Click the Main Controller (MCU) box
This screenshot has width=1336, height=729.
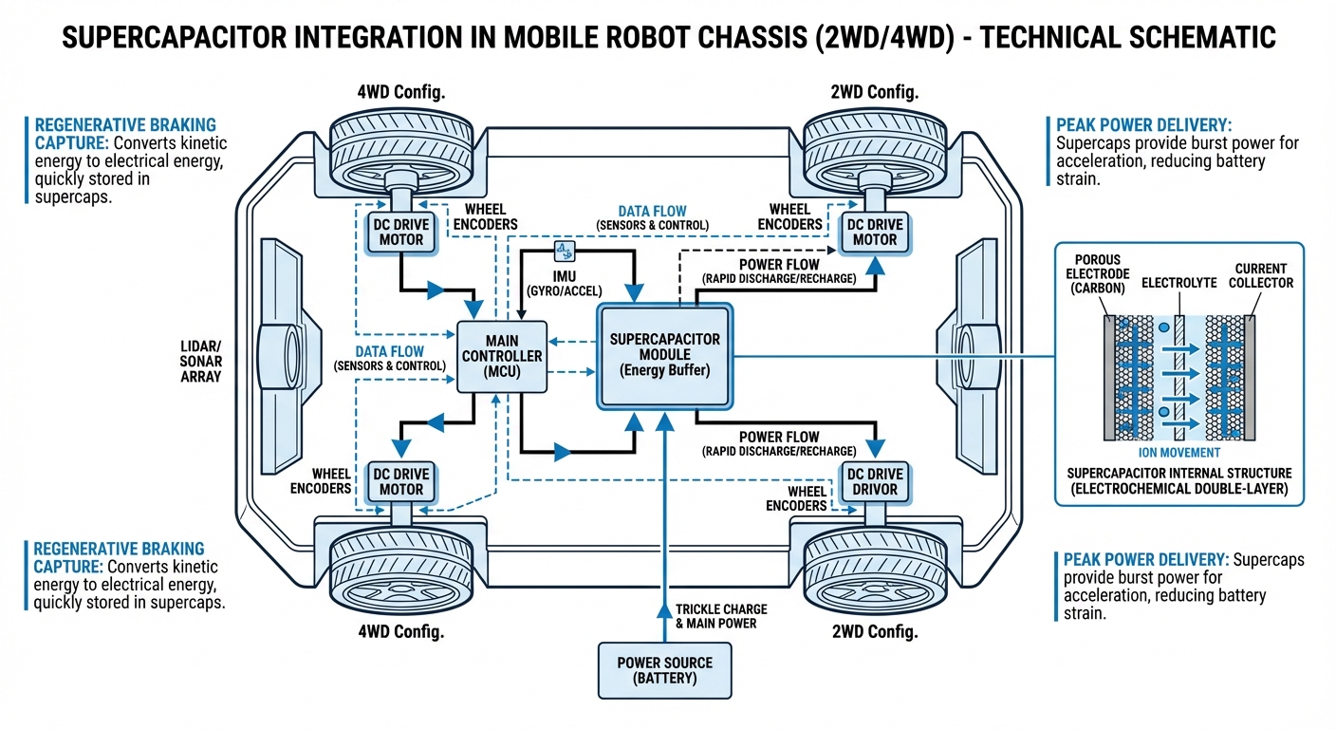point(502,356)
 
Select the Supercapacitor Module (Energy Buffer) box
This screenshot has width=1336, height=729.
point(664,355)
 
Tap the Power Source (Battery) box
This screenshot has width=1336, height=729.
point(664,669)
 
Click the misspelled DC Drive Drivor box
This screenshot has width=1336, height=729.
point(874,481)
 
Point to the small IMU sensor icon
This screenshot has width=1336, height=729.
point(564,251)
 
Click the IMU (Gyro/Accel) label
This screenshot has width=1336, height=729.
point(564,281)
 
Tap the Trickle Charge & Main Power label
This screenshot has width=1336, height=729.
point(721,615)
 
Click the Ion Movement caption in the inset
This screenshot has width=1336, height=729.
point(1178,453)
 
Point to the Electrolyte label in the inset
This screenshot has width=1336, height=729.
point(1178,283)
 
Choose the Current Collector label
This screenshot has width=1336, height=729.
point(1261,275)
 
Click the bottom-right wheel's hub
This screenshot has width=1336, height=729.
point(874,570)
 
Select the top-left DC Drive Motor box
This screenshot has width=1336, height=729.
point(400,233)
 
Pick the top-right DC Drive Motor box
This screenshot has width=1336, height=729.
point(874,233)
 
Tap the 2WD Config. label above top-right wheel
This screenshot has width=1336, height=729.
point(874,92)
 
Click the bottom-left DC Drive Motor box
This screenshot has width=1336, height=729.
point(400,481)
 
